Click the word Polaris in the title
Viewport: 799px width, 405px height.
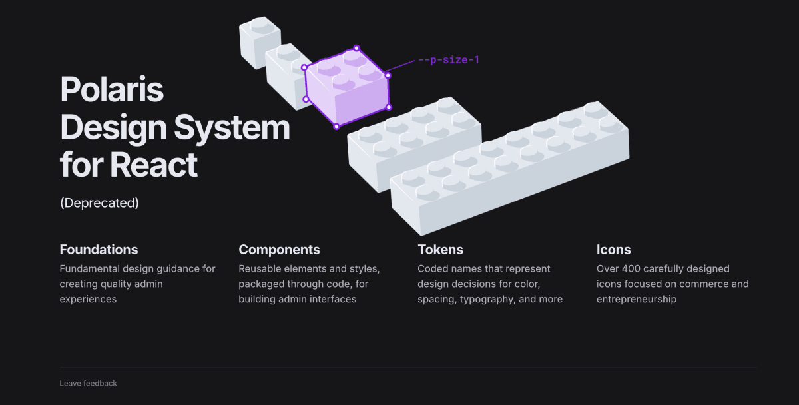[112, 89]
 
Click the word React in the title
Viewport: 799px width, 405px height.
[154, 165]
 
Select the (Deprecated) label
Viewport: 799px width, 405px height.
[99, 203]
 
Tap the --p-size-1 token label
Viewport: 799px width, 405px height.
[449, 59]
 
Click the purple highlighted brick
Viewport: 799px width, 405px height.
[347, 87]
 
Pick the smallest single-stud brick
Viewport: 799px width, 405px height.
[260, 42]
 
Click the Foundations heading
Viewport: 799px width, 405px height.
[99, 250]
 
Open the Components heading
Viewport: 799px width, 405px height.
[279, 250]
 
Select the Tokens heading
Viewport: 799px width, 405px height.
[441, 250]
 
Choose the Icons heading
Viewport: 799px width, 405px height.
[613, 250]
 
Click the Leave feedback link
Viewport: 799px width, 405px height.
[88, 383]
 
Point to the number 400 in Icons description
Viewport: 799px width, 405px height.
[631, 268]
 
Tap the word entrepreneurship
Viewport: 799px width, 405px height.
[637, 299]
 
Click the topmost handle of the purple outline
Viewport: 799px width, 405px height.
[356, 48]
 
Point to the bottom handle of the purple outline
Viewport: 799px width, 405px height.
[336, 127]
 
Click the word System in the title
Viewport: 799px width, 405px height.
[232, 128]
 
